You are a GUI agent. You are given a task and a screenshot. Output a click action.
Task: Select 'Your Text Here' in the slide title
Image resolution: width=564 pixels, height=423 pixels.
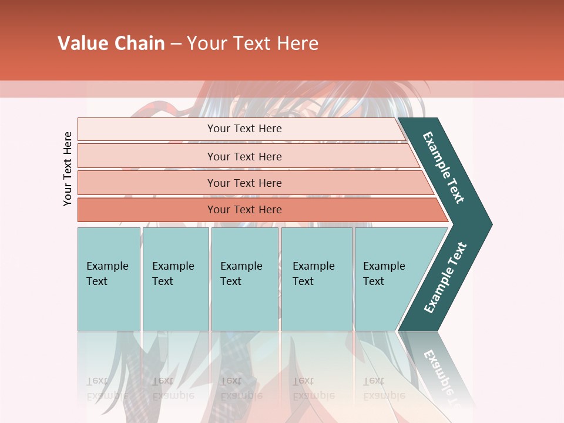[x=253, y=43]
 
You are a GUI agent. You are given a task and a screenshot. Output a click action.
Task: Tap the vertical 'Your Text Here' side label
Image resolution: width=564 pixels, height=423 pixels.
[x=68, y=169]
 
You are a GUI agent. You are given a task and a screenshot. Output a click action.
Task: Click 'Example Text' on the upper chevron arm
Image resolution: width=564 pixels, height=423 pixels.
[x=444, y=167]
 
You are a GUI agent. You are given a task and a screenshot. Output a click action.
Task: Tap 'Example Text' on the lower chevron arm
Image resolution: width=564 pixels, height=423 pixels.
[x=445, y=278]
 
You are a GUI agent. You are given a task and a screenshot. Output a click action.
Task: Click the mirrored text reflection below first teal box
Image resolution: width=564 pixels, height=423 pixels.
[x=107, y=388]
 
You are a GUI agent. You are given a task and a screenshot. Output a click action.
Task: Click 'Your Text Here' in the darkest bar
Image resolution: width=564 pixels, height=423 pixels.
[x=244, y=210]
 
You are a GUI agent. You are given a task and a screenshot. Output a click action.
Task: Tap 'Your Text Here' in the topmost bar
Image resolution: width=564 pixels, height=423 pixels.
[x=244, y=129]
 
